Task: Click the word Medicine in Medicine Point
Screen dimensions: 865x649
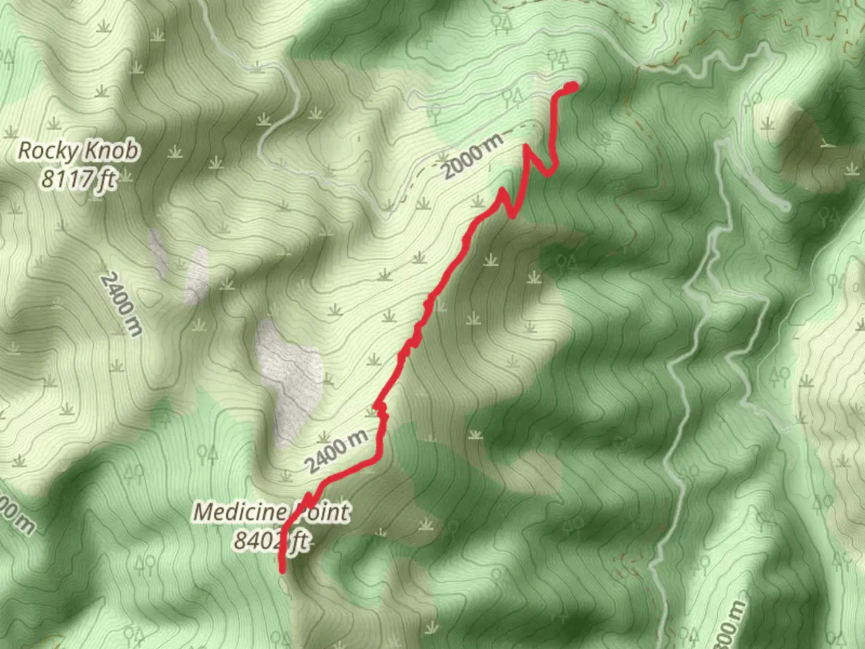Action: [x=239, y=513]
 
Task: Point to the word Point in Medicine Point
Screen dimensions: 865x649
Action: [x=320, y=513]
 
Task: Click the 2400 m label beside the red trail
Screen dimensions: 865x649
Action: [x=336, y=451]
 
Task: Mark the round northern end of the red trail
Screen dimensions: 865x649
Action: [x=570, y=88]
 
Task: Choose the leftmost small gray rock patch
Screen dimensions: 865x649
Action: [x=159, y=252]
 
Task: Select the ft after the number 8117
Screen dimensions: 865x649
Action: [x=108, y=178]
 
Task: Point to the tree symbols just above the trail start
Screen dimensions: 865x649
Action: [x=558, y=58]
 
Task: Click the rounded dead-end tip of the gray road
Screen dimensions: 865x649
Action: [x=785, y=206]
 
